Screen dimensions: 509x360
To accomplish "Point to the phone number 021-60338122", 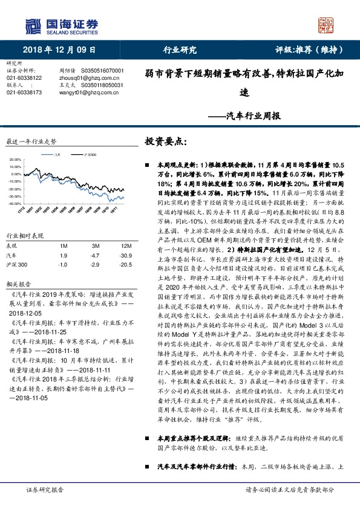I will (24, 78).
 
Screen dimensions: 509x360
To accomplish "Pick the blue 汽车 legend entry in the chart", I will (56, 155).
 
